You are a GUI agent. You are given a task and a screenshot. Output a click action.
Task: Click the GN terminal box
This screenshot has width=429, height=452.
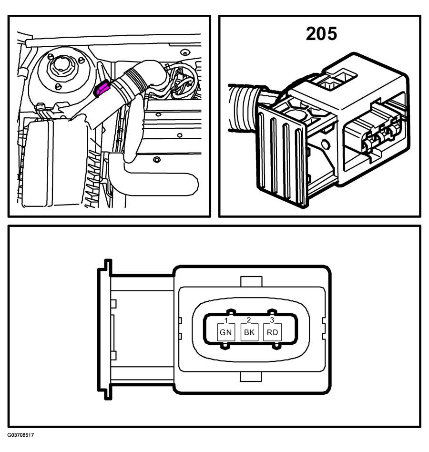tap(225, 332)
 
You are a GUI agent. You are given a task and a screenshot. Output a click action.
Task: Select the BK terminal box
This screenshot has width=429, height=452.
tap(249, 332)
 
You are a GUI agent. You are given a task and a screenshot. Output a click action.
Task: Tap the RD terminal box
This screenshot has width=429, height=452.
tap(272, 332)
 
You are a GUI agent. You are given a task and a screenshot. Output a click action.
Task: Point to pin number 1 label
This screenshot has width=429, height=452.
tap(226, 320)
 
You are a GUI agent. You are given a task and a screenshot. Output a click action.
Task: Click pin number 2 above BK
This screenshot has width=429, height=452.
tap(249, 320)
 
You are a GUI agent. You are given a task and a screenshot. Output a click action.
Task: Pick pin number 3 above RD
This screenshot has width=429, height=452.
tap(272, 320)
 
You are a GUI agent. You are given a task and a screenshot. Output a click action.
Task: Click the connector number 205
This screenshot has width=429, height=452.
tap(321, 34)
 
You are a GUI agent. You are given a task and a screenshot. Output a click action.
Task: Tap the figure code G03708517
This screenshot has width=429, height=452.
tap(20, 435)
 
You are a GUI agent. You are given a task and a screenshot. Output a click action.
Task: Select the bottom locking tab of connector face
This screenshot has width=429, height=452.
tap(251, 377)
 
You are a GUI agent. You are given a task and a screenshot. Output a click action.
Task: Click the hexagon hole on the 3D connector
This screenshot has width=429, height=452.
tap(325, 144)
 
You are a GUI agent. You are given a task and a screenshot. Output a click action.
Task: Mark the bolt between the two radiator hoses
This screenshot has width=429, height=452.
tap(157, 159)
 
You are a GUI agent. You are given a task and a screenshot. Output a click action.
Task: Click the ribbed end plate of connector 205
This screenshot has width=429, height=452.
tap(282, 155)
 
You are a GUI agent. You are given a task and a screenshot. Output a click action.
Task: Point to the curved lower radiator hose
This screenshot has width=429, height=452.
tap(153, 176)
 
